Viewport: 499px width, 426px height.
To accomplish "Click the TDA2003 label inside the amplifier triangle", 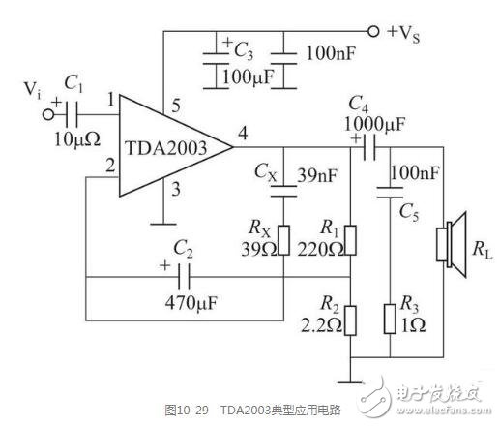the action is pos(166,148).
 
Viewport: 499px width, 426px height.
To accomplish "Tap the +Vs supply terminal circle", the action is pos(373,31).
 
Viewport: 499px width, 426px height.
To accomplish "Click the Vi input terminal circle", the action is pos(48,114).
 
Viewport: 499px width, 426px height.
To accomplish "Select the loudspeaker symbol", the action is pos(452,244).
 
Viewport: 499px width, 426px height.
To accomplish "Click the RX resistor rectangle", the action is pos(283,240).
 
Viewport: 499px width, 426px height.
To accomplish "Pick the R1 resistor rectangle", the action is pos(350,240).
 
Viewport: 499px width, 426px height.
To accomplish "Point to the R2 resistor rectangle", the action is pos(350,320).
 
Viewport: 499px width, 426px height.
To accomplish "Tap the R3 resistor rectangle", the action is pos(390,319).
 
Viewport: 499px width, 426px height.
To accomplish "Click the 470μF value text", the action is pos(191,303).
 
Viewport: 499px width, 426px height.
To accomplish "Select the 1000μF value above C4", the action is pos(375,124).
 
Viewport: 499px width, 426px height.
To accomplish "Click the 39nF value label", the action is pos(317,175).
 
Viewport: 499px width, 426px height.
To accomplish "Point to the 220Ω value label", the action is pos(320,249).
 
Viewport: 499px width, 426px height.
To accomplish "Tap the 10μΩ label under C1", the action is pos(77,139).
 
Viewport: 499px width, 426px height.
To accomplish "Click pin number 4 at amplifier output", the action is pos(243,133).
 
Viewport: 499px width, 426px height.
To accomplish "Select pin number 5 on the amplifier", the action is pos(176,106).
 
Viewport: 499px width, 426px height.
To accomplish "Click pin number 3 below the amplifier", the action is pos(176,189).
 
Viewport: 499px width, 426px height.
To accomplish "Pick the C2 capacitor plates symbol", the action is pos(184,277).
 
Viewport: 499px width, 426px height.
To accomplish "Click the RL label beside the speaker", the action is pos(483,249).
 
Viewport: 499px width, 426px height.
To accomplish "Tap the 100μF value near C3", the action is pos(249,77).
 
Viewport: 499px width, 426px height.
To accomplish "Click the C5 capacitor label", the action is pos(409,213).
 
